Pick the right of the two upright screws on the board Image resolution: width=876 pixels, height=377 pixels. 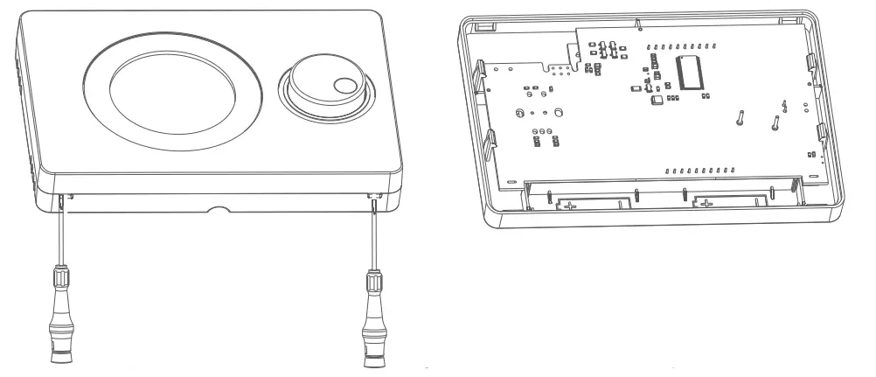tap(776, 122)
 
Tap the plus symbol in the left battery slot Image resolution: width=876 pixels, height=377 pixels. tap(570, 206)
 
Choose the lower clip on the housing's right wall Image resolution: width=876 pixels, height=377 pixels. tap(822, 134)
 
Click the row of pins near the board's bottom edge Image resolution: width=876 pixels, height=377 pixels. tap(699, 169)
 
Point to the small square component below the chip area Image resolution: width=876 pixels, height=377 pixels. tap(656, 101)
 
